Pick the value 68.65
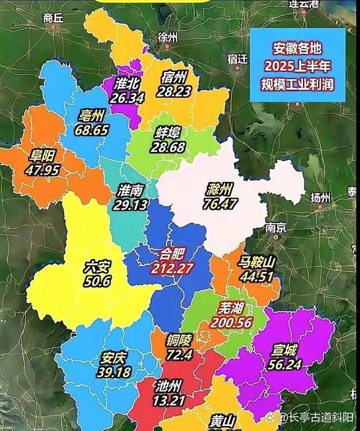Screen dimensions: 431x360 (91, 130)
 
